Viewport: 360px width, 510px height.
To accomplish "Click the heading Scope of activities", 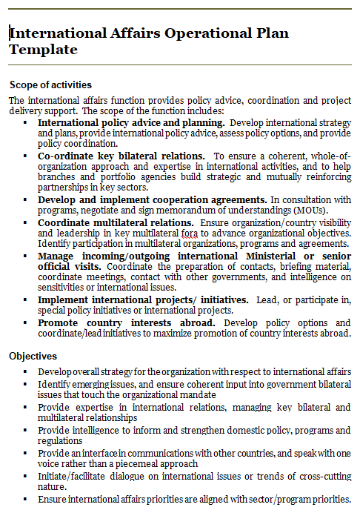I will point(50,85).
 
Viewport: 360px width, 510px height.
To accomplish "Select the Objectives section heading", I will point(33,357).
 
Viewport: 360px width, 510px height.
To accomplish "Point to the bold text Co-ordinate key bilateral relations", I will point(121,156).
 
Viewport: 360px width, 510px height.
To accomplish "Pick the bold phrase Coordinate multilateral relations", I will point(116,222).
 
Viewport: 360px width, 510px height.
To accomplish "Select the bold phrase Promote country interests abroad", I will point(127,322).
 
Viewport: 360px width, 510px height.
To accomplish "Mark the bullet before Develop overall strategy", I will point(25,371).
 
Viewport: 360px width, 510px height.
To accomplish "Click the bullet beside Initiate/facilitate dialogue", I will point(25,476).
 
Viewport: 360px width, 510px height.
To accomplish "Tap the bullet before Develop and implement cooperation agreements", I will point(25,200).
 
